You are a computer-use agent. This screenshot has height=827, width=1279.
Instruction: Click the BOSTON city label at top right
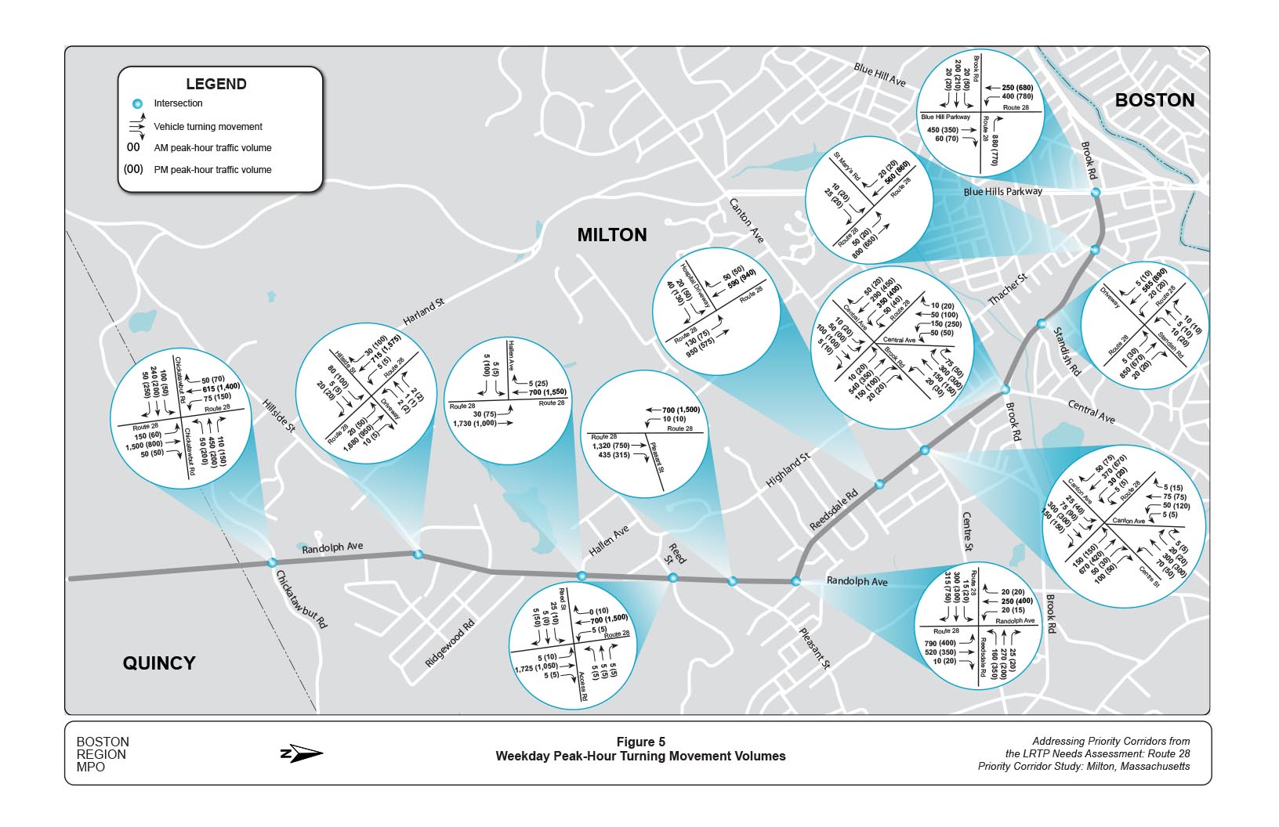click(x=1154, y=100)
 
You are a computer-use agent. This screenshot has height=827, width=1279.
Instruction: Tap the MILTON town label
click(x=612, y=235)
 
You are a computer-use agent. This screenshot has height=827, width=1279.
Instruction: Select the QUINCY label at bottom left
click(x=159, y=663)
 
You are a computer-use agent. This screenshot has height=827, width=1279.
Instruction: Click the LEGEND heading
click(x=216, y=84)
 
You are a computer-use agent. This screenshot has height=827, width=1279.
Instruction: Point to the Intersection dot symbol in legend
click(x=138, y=103)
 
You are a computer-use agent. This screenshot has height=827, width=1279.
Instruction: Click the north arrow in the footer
click(x=302, y=754)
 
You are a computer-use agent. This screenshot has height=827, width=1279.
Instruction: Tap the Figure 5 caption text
click(x=640, y=742)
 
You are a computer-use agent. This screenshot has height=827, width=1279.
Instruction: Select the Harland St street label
click(x=424, y=312)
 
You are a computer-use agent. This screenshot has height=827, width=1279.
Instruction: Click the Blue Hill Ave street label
click(x=879, y=76)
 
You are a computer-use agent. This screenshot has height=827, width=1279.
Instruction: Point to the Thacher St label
click(x=1008, y=290)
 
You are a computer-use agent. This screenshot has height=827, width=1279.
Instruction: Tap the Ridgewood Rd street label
click(x=450, y=644)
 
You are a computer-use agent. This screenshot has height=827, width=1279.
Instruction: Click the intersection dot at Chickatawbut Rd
click(x=272, y=562)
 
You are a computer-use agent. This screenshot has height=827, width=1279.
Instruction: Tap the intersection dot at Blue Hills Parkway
click(x=1095, y=192)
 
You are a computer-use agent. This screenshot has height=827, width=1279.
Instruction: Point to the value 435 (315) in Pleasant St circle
click(x=614, y=455)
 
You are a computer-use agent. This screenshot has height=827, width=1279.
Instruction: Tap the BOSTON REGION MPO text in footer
click(x=103, y=754)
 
